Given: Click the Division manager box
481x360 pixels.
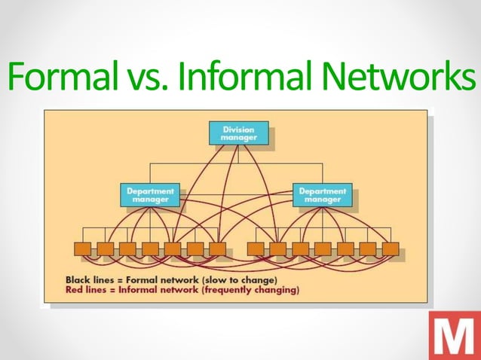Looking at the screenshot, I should [x=238, y=133].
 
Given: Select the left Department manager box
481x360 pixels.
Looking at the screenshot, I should [x=150, y=195].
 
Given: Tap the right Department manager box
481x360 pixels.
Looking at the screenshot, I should [x=322, y=195].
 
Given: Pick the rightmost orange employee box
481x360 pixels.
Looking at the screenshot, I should [x=391, y=248].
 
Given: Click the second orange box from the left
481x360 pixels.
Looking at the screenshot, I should [x=105, y=248].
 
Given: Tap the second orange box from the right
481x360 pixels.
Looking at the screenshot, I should [x=368, y=248].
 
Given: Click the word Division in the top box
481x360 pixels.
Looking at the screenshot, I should [x=238, y=129].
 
